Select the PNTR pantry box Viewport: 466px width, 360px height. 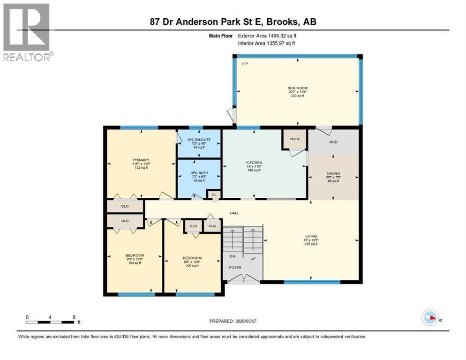pyautogui.click(x=294, y=139)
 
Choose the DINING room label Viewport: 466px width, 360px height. pyautogui.click(x=333, y=173)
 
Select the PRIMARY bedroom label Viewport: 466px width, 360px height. pyautogui.click(x=141, y=160)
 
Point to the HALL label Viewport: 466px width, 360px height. pyautogui.click(x=234, y=213)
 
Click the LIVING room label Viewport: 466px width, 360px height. pyautogui.click(x=310, y=236)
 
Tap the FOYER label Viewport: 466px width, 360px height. pyautogui.click(x=235, y=268)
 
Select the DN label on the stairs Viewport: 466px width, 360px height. pyautogui.click(x=232, y=256)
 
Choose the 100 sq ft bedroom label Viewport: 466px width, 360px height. pyautogui.click(x=192, y=258)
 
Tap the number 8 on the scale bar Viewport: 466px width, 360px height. pyautogui.click(x=74, y=317)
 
